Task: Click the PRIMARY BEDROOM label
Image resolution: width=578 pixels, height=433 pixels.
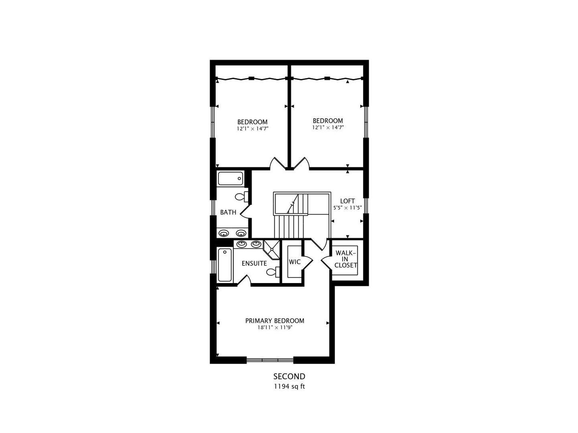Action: (x=274, y=321)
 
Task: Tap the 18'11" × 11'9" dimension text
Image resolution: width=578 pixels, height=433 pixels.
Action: (x=275, y=328)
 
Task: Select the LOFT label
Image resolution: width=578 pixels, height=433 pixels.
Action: (x=347, y=201)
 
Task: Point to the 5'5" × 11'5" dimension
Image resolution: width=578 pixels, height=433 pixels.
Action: (x=347, y=208)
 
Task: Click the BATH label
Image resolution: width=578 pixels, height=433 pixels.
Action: (x=228, y=212)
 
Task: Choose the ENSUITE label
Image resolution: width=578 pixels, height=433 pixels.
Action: (x=254, y=263)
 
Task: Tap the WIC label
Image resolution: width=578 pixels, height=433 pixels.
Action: (x=294, y=262)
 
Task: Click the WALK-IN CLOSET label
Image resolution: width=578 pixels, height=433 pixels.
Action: (x=345, y=259)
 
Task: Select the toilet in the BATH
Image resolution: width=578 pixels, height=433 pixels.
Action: (x=241, y=196)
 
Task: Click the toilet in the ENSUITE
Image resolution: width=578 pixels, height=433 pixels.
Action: (x=273, y=272)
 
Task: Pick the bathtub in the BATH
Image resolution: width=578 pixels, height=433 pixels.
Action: (x=230, y=179)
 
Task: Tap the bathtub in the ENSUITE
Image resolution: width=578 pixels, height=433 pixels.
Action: (x=225, y=265)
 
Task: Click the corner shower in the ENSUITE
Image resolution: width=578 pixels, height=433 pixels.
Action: (x=272, y=249)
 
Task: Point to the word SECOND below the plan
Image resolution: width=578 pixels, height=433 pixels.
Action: (x=289, y=376)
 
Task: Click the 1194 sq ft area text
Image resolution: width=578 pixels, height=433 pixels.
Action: (x=289, y=386)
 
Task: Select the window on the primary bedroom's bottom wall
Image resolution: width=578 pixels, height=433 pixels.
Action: (x=270, y=360)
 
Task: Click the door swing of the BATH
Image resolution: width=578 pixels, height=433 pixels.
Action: (x=245, y=212)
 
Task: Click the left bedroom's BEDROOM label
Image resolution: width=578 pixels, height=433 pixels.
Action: (x=252, y=122)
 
